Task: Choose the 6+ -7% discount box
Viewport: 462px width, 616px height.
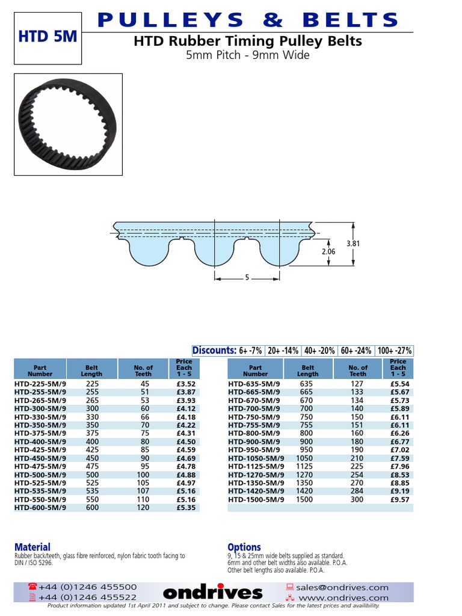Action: pyautogui.click(x=250, y=351)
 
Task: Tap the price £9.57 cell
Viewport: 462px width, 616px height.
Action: pyautogui.click(x=398, y=499)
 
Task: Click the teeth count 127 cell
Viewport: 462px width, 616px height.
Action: pyautogui.click(x=357, y=383)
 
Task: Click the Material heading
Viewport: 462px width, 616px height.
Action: pyautogui.click(x=32, y=547)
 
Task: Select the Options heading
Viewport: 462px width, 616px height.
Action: pyautogui.click(x=244, y=547)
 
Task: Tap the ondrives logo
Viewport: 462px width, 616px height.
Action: pyautogui.click(x=213, y=593)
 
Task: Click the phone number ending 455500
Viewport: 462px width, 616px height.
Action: pyautogui.click(x=87, y=587)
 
